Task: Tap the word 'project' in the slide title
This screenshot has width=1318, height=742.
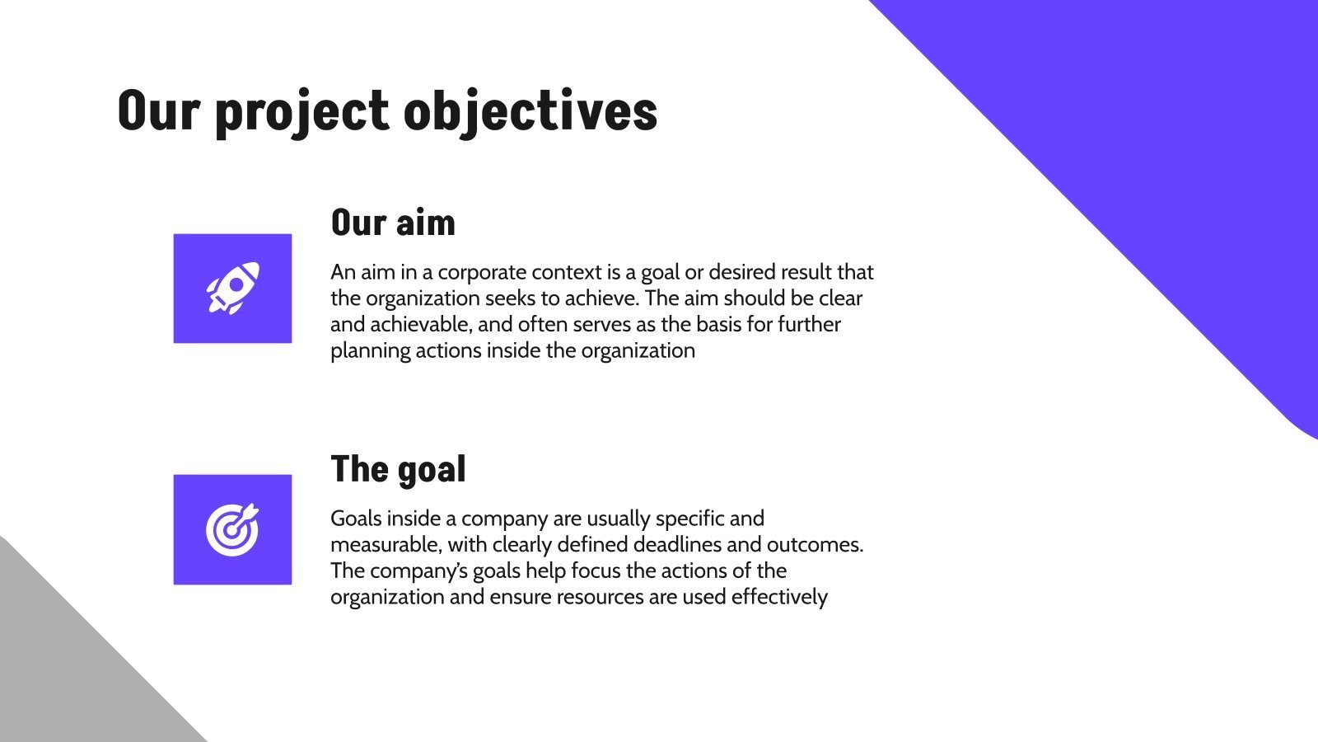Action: [x=301, y=111]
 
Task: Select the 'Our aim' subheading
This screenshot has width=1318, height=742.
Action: [x=393, y=223]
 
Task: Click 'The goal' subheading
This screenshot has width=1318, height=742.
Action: [x=398, y=469]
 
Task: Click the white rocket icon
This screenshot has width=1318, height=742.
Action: [x=232, y=288]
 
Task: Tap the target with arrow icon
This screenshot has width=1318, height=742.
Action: [x=232, y=529]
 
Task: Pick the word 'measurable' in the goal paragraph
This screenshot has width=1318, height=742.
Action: [x=385, y=545]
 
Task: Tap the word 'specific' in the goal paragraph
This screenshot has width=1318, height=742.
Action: [x=689, y=519]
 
